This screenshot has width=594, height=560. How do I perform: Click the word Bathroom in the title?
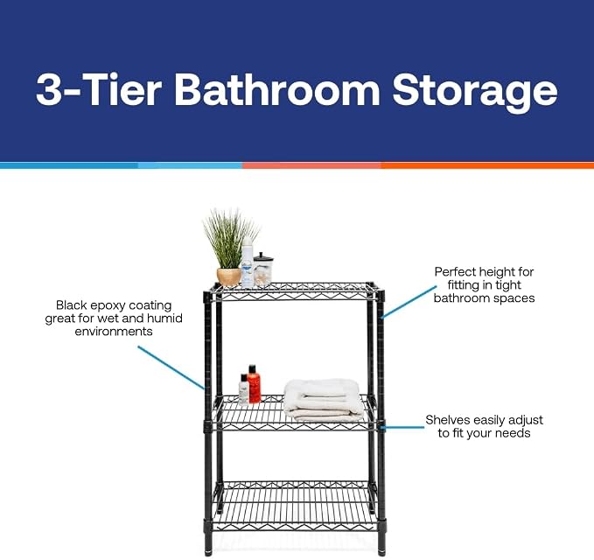click(x=276, y=90)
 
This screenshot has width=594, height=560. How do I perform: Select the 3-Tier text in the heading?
click(x=99, y=90)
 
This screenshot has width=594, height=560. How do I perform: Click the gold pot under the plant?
click(x=229, y=276)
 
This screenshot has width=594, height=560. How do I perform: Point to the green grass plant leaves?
click(x=229, y=239)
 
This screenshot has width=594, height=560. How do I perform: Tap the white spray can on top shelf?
click(x=248, y=262)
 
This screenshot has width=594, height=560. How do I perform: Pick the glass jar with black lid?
click(x=262, y=270)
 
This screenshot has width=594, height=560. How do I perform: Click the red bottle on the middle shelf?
click(x=255, y=384)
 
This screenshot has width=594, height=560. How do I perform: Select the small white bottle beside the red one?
click(x=243, y=390)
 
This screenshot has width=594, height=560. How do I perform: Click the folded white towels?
click(x=322, y=401)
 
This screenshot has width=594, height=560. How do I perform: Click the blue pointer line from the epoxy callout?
click(x=171, y=367)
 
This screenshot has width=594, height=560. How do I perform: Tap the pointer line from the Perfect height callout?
click(x=408, y=302)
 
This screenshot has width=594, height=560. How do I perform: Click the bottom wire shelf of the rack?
click(x=294, y=506)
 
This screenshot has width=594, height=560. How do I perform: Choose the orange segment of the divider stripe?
click(x=487, y=165)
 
